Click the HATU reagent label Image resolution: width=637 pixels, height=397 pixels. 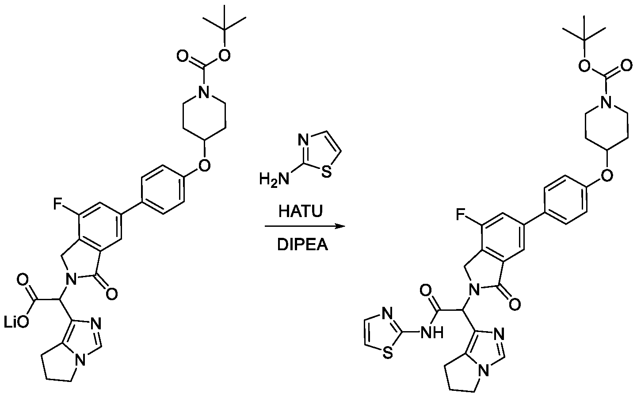[301, 212]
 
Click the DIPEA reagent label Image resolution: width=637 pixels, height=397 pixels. [302, 245]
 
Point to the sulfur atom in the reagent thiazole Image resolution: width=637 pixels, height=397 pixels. [327, 172]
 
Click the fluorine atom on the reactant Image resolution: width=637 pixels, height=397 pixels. [58, 204]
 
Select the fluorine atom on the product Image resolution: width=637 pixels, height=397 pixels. [461, 214]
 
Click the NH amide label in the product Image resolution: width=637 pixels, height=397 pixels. [432, 332]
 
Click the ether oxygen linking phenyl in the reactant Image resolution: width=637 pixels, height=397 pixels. [204, 165]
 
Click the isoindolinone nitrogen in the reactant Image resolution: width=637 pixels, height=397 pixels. [71, 279]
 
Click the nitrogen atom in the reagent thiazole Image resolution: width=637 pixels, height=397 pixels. [303, 140]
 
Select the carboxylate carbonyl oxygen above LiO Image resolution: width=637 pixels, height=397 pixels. [23, 280]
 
